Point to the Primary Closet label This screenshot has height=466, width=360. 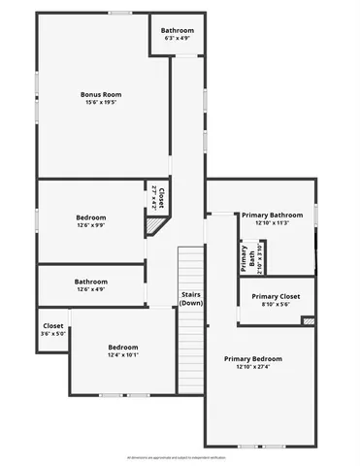pyautogui.click(x=276, y=296)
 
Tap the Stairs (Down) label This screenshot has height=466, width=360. pyautogui.click(x=191, y=298)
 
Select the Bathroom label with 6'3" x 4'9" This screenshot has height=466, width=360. pyautogui.click(x=178, y=31)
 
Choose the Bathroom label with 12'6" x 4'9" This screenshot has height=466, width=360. pyautogui.click(x=91, y=282)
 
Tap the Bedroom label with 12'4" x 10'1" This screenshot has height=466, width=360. pyautogui.click(x=123, y=347)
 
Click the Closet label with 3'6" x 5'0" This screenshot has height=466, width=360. pyautogui.click(x=53, y=326)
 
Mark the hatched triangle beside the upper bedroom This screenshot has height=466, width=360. pyautogui.click(x=153, y=227)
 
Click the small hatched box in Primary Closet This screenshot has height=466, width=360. pyautogui.click(x=309, y=320)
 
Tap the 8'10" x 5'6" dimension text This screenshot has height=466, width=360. pyautogui.click(x=276, y=304)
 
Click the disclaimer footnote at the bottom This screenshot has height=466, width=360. pyautogui.click(x=180, y=455)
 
